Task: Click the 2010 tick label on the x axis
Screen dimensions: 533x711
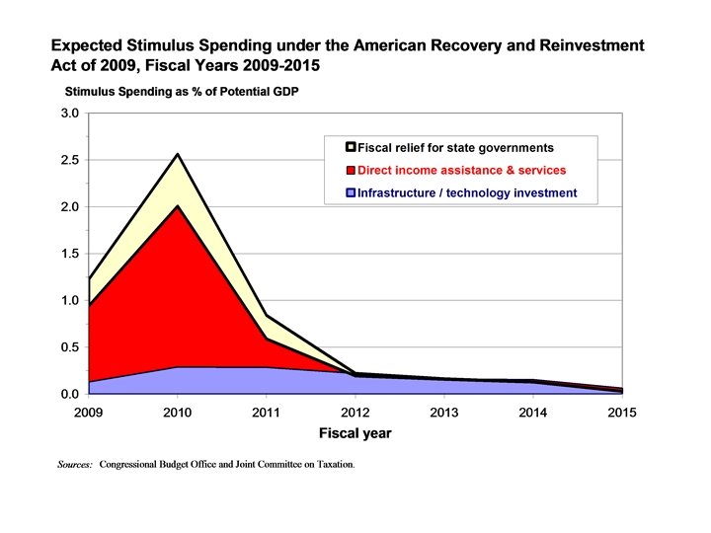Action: (x=178, y=412)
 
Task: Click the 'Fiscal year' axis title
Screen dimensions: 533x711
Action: (x=355, y=433)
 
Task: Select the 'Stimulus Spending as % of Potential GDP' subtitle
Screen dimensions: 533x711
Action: (x=182, y=93)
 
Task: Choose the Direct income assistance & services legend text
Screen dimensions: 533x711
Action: (x=461, y=171)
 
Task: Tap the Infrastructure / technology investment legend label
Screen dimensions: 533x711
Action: (x=466, y=193)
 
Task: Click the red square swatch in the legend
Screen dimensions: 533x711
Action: (x=350, y=171)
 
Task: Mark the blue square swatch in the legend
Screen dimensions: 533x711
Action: (x=350, y=193)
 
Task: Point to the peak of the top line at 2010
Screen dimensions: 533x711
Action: (x=178, y=154)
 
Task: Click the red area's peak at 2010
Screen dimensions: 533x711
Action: (x=178, y=205)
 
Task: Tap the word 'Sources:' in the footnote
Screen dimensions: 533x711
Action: (x=75, y=463)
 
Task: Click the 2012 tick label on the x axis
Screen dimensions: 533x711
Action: (x=355, y=412)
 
